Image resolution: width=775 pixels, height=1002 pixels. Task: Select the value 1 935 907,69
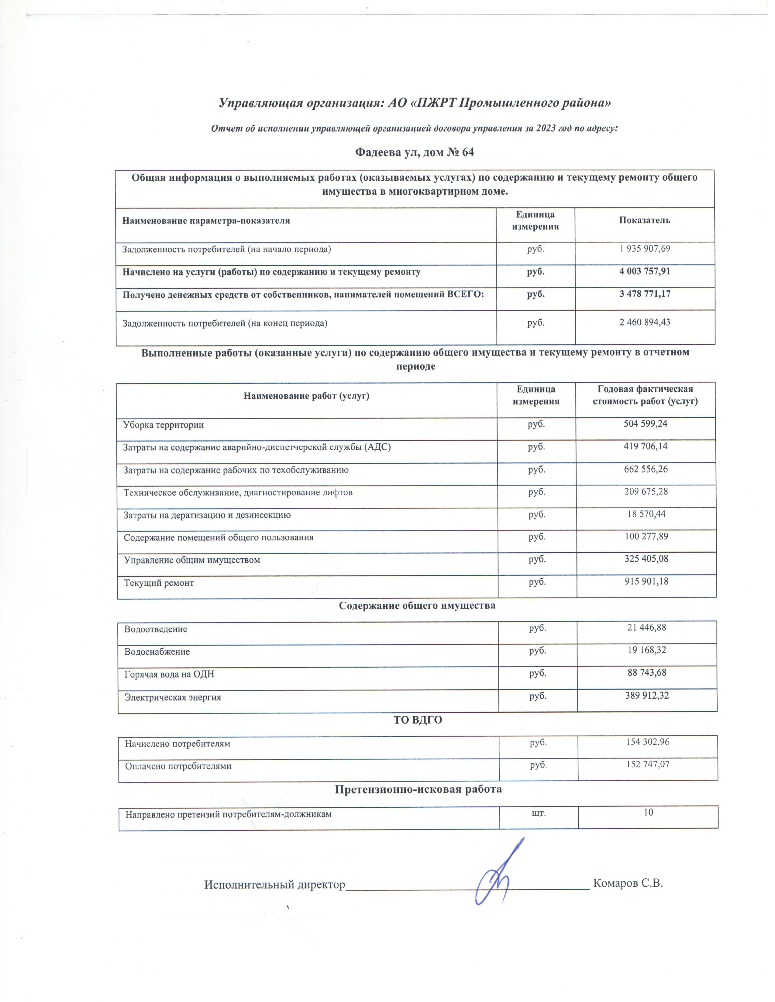pos(645,249)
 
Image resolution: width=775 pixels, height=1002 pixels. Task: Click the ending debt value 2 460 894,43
pos(645,322)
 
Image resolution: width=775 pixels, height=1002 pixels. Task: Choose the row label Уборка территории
pos(164,424)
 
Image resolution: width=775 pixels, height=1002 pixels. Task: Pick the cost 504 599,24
pos(645,424)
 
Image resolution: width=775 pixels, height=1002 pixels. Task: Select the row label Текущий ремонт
pos(159,583)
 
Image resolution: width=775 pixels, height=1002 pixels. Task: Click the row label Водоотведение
pos(156,629)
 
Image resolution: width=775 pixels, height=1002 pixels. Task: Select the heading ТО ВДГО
pos(417,720)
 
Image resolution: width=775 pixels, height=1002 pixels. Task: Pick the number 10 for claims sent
pos(648,813)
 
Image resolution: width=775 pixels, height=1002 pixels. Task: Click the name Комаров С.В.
pos(628,883)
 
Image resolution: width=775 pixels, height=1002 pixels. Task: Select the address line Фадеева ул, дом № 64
pos(414,152)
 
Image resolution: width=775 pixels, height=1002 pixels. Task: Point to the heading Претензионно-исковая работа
pos(418,789)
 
